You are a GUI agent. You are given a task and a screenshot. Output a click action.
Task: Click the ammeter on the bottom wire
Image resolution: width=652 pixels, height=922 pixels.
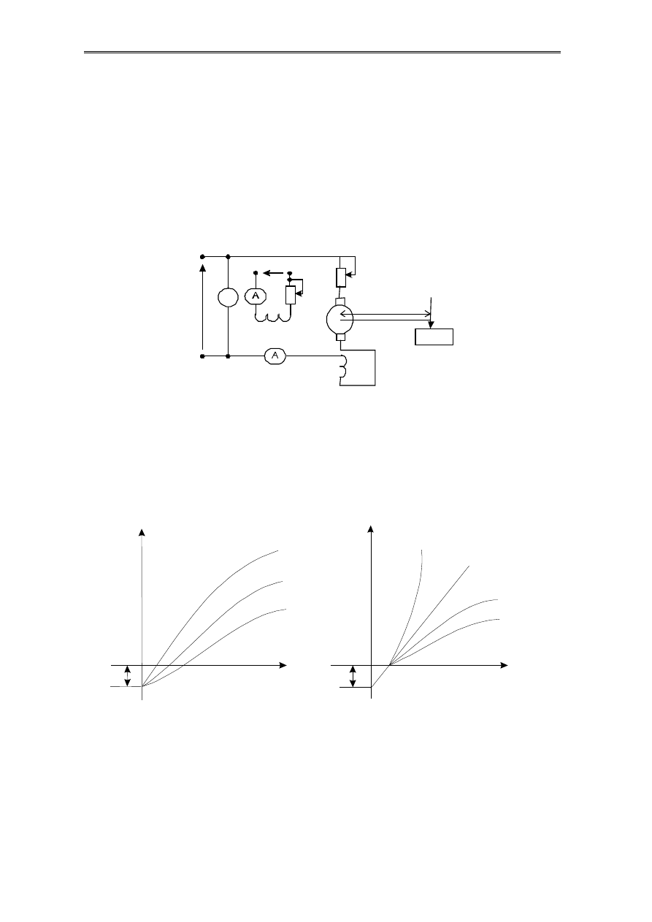click(275, 356)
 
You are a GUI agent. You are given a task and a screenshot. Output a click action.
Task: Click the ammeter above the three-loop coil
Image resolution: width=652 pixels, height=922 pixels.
click(256, 296)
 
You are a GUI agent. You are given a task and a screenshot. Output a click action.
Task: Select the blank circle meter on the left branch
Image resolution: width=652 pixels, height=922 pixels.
click(228, 298)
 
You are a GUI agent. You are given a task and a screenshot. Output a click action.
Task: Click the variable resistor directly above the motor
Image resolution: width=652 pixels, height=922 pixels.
click(341, 277)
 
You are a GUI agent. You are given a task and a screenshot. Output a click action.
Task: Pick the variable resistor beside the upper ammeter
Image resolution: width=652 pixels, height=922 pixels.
click(291, 295)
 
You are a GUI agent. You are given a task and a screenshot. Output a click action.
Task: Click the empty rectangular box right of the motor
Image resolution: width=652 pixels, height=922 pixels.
click(434, 337)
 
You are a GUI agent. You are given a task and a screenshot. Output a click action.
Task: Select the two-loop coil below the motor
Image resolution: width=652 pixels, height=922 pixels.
click(343, 366)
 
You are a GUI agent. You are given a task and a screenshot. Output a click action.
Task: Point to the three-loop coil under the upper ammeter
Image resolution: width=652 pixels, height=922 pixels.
click(273, 318)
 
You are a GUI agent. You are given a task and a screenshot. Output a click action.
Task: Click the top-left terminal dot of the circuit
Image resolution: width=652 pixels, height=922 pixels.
click(202, 256)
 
